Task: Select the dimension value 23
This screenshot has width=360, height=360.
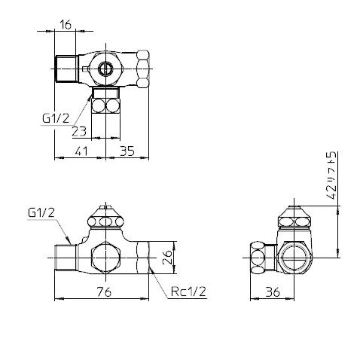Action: tap(78, 130)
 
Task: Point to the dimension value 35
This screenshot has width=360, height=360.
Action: tap(126, 151)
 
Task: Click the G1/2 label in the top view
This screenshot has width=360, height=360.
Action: tap(56, 117)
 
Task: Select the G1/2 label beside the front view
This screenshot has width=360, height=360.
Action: tap(42, 213)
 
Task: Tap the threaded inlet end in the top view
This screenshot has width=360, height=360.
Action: tap(66, 68)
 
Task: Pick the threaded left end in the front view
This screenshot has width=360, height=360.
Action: tap(65, 258)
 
